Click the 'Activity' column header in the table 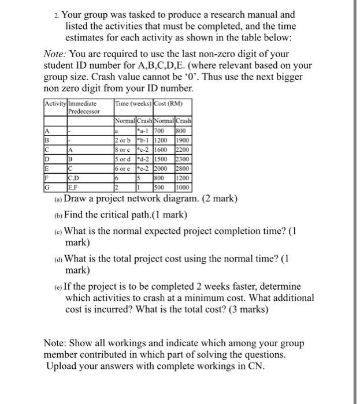[x=55, y=103]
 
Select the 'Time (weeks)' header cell [x=133, y=103]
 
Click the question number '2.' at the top [x=57, y=15]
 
